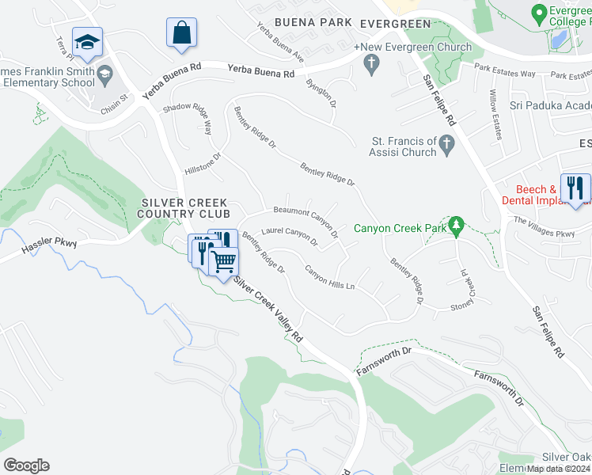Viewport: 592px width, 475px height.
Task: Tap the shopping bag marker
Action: (181, 33)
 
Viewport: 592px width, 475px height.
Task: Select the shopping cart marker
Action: (224, 260)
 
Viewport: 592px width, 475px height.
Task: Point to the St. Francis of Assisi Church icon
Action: (446, 144)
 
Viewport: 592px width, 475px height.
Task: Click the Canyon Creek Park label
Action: (400, 229)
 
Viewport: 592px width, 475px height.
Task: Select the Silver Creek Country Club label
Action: (186, 208)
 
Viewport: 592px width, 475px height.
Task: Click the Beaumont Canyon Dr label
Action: (305, 218)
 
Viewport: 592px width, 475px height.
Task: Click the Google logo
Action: (26, 465)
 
